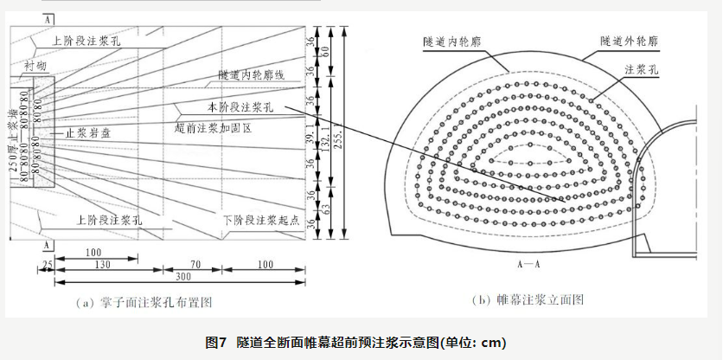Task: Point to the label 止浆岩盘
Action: pyautogui.click(x=88, y=134)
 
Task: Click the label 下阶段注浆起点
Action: pyautogui.click(x=260, y=221)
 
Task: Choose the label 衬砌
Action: pyautogui.click(x=35, y=65)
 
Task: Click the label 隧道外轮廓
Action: pyautogui.click(x=628, y=40)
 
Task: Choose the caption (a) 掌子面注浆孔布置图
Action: pyautogui.click(x=145, y=302)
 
